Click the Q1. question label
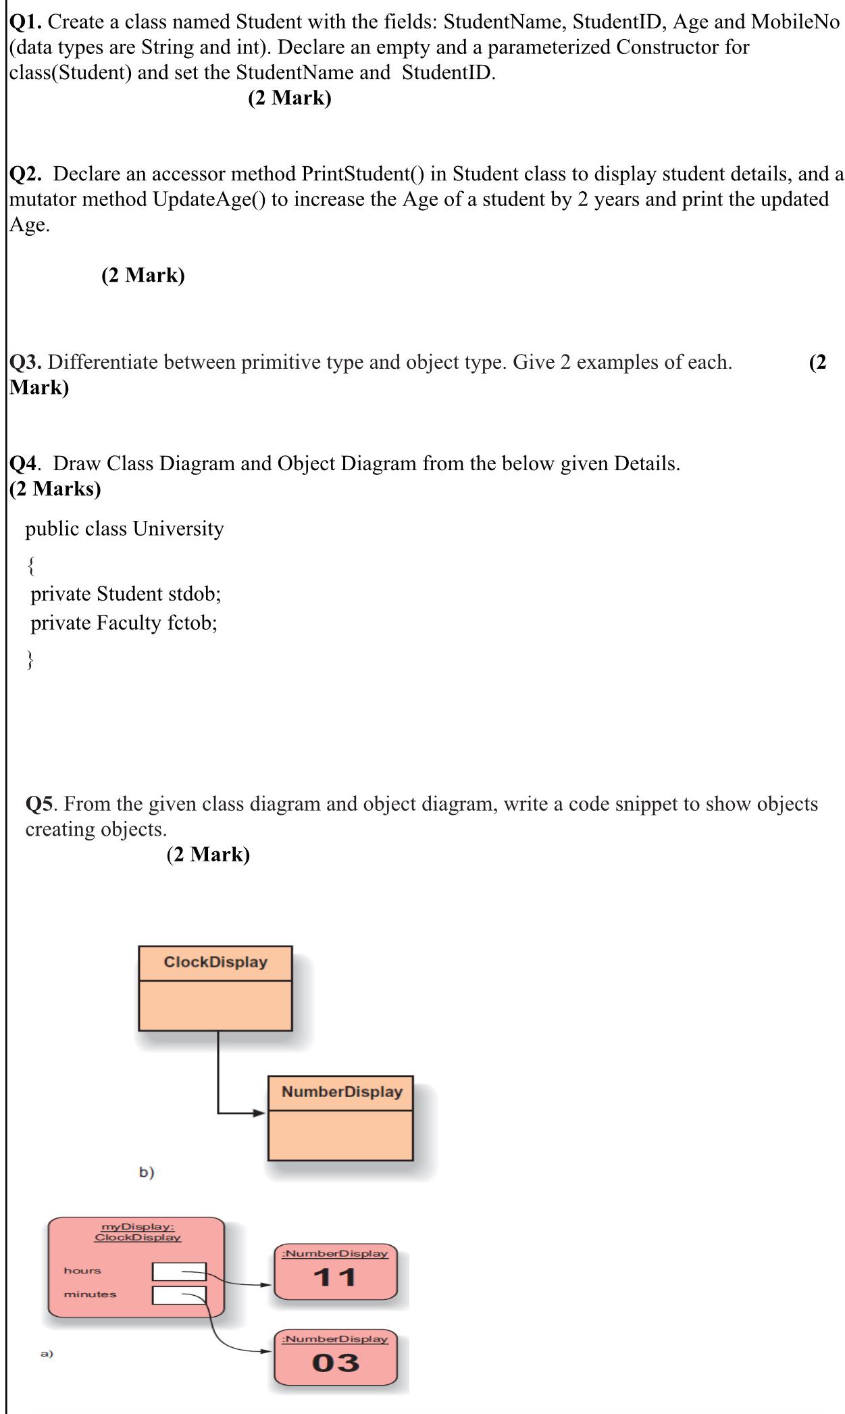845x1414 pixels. tap(26, 22)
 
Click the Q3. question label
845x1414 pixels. tap(26, 363)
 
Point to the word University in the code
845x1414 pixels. tap(178, 529)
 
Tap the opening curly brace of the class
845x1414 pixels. tap(30, 565)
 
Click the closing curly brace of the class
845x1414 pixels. tap(30, 659)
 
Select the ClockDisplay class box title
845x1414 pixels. tap(215, 962)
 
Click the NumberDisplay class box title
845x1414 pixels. tap(342, 1092)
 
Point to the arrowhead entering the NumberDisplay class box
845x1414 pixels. tap(260, 1113)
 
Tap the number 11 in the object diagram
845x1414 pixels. tap(335, 1278)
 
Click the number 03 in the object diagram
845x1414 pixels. tap(335, 1363)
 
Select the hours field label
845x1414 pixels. tap(82, 1271)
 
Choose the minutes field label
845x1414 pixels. tap(90, 1294)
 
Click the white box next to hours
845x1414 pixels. tap(179, 1271)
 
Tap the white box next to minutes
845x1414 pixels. tap(179, 1295)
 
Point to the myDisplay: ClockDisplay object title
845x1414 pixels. tap(138, 1232)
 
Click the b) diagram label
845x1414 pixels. tap(147, 1172)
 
